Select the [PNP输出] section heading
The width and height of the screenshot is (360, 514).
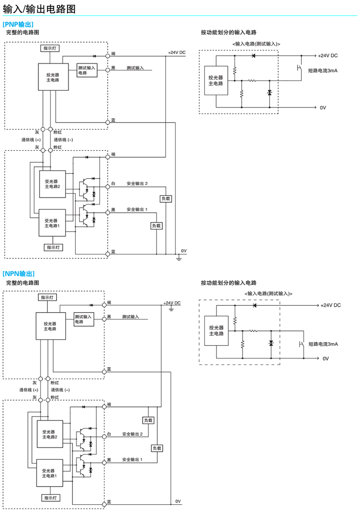coord(18,24)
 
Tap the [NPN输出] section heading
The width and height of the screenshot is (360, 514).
coord(19,273)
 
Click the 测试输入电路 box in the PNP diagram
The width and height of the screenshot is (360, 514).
coord(87,70)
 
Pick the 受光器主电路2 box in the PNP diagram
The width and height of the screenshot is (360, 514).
coord(52,184)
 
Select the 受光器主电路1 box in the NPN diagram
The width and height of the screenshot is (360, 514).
coord(50,473)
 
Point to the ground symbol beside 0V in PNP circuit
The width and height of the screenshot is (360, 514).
coord(179,258)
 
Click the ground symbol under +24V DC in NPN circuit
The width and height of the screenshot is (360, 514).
coord(171,309)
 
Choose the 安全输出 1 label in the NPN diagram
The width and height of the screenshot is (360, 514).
coord(132,459)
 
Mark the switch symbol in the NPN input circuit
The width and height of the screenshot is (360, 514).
coord(301,344)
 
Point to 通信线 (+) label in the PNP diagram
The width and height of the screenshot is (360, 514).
coord(31,139)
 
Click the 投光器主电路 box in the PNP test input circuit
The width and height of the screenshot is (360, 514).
coord(216,81)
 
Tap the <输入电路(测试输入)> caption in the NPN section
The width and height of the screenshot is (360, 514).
coord(268,293)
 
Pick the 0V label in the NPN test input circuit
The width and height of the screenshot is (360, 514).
coord(325,359)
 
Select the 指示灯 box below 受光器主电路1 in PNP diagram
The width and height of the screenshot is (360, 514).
coord(54,247)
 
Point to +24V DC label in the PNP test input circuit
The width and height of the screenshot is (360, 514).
coord(328,55)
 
